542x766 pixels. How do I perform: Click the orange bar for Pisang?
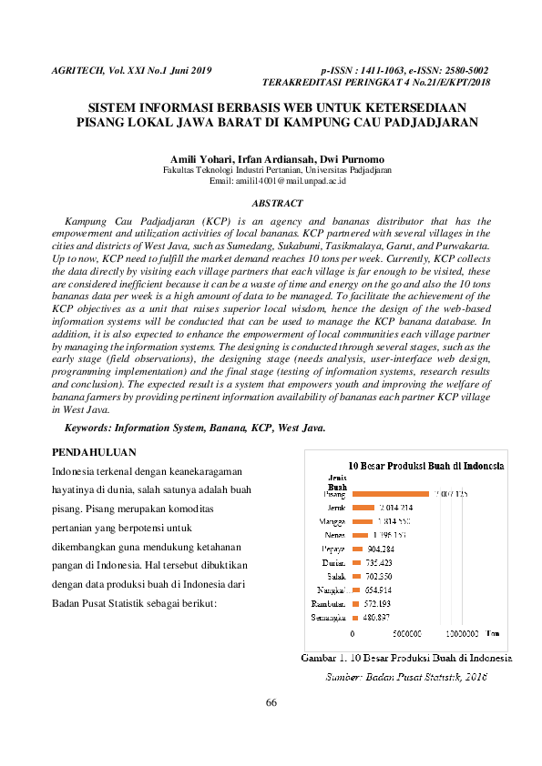pyautogui.click(x=391, y=493)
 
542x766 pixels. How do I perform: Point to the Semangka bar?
pyautogui.click(x=356, y=617)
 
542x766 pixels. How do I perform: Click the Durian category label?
pyautogui.click(x=332, y=562)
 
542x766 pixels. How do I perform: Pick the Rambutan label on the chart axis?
pyautogui.click(x=328, y=603)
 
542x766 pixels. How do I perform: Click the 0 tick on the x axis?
pyautogui.click(x=353, y=633)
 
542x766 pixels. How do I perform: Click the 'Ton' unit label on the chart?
pyautogui.click(x=493, y=632)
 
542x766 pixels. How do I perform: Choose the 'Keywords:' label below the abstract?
pyautogui.click(x=91, y=427)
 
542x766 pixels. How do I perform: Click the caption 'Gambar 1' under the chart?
pyautogui.click(x=321, y=658)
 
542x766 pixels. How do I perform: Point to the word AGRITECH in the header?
pyautogui.click(x=77, y=69)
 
